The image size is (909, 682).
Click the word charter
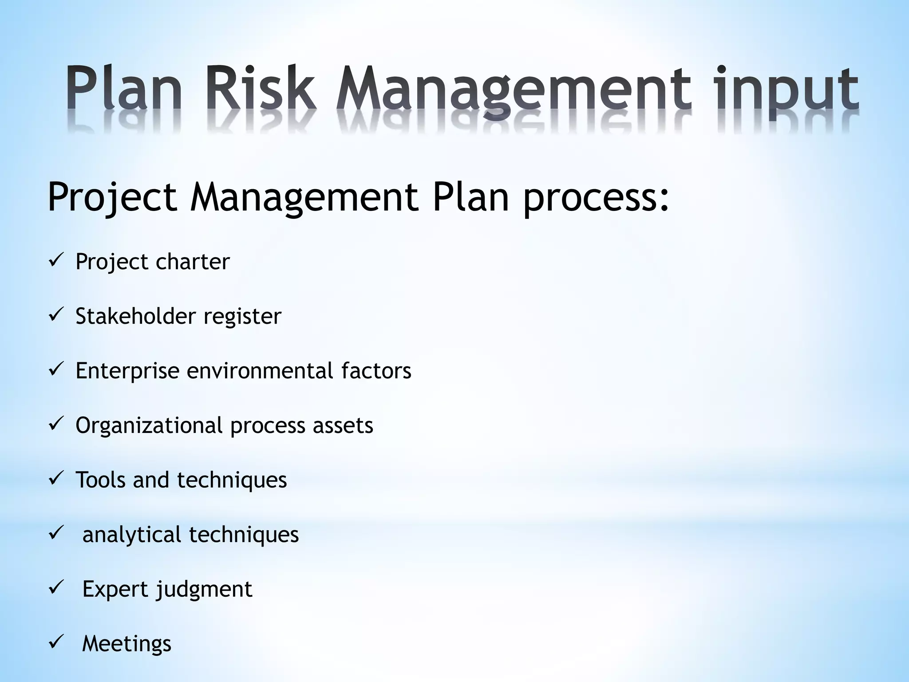point(193,262)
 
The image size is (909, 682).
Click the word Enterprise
point(127,371)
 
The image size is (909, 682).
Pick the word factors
point(376,370)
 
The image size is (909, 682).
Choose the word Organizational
point(149,426)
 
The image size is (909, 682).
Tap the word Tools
point(100,480)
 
